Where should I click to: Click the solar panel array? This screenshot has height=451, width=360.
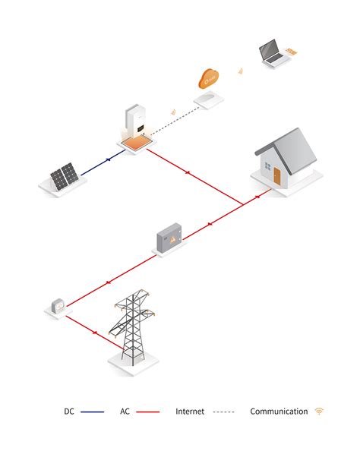[65, 176]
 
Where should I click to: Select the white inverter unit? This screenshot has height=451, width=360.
[135, 121]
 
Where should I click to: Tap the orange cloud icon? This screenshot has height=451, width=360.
[209, 78]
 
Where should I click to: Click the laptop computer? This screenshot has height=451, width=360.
[273, 52]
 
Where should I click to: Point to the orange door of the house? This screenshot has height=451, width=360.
[276, 176]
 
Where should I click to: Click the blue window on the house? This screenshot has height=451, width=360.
[267, 166]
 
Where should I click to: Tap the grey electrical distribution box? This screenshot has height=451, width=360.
[169, 238]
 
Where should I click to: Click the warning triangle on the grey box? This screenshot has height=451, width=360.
[173, 238]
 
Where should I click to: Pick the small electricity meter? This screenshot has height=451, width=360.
[58, 306]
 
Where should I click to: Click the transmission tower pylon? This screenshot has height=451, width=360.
[132, 327]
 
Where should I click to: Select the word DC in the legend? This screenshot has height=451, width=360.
[69, 412]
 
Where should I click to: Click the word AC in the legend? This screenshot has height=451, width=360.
[125, 412]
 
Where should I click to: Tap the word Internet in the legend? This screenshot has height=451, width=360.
[190, 412]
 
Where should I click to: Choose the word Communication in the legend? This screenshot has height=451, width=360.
[279, 412]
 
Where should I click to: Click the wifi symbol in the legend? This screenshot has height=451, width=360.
[319, 411]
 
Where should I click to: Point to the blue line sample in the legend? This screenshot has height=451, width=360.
[92, 412]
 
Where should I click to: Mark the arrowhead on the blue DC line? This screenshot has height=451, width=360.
[109, 159]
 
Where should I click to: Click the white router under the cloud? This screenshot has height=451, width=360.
[209, 99]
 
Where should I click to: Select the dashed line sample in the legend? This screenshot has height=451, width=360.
[223, 412]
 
